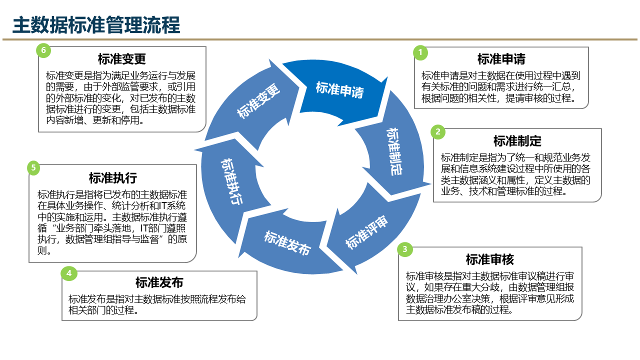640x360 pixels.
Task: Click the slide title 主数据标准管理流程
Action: click(x=96, y=25)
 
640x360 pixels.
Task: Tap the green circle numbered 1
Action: click(x=420, y=52)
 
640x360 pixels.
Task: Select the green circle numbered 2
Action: click(x=438, y=132)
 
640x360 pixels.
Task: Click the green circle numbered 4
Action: click(x=69, y=273)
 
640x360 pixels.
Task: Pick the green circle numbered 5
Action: click(x=33, y=167)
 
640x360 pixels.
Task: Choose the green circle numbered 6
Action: click(x=43, y=50)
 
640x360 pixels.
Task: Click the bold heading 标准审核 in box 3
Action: click(x=490, y=259)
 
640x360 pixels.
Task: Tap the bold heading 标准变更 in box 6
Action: click(x=122, y=59)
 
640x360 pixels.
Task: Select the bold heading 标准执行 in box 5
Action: click(x=113, y=178)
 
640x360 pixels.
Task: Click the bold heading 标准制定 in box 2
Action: click(x=517, y=141)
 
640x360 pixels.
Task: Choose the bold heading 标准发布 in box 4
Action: click(x=159, y=283)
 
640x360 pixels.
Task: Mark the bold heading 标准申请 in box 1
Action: click(x=501, y=59)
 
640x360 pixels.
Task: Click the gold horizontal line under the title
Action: click(x=320, y=39)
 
